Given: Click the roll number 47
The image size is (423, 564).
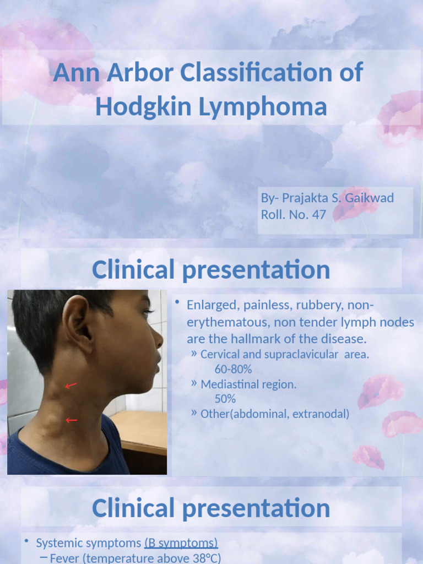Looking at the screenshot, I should [x=319, y=214].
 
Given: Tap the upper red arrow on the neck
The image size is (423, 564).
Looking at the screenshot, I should [x=71, y=386].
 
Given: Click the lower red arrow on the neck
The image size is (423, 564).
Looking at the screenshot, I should [x=72, y=420].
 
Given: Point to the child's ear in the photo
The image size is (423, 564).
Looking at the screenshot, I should [x=77, y=324].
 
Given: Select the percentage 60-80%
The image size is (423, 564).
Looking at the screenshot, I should [x=233, y=370].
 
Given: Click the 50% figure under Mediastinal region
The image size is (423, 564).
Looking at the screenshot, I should [x=225, y=399].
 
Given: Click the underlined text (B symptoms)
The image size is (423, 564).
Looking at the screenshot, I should [x=181, y=543].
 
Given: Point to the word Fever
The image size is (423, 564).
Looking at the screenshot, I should [x=64, y=558].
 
